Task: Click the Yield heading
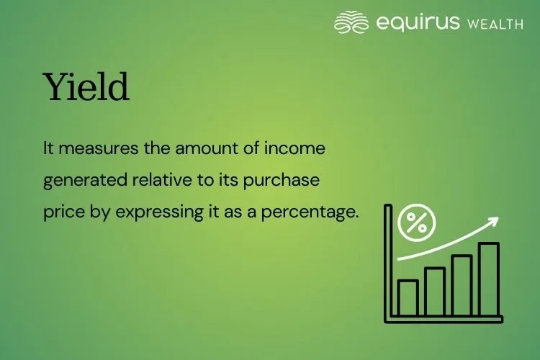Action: click(x=86, y=89)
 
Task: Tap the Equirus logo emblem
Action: click(x=351, y=22)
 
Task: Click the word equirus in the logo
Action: click(x=418, y=23)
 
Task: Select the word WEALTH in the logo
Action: click(x=495, y=24)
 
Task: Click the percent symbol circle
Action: click(x=417, y=222)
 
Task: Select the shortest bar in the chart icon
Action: click(x=408, y=297)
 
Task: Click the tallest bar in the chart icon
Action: click(x=489, y=279)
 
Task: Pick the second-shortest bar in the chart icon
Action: click(x=435, y=292)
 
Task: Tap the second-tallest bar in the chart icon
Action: click(x=462, y=285)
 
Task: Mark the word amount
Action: click(x=199, y=149)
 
